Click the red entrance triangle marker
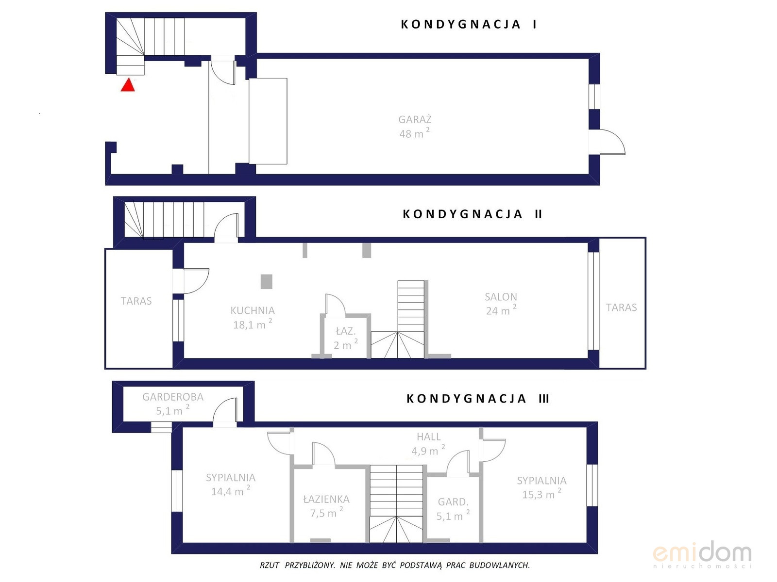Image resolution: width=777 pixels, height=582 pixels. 127,85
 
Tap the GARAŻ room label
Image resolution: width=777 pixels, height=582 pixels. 415,119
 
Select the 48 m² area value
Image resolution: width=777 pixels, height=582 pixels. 415,133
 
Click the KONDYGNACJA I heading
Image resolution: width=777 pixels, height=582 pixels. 469,24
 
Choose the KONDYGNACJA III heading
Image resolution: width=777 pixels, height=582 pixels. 477,399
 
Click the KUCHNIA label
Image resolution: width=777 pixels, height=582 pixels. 253,310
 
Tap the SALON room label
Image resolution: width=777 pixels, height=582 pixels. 501,297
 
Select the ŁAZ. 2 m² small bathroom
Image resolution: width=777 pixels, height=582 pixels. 345,338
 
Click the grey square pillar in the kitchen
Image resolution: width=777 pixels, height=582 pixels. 267,282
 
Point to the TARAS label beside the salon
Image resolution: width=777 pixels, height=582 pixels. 621,307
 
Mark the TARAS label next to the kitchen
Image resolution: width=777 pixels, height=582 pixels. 136,301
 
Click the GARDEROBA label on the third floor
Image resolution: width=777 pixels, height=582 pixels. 173,397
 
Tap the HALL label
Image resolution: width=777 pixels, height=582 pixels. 428,437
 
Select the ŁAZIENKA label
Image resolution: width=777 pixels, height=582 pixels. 326,499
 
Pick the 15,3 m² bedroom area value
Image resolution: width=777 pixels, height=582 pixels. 541,494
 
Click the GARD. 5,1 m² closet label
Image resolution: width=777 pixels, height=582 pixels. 453,509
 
